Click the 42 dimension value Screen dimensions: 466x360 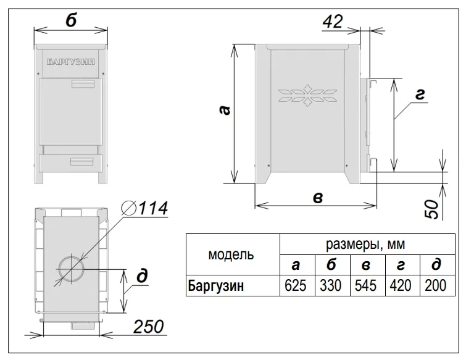click(333, 22)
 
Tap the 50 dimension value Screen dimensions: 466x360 click(432, 209)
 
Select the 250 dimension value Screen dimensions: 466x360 click(148, 327)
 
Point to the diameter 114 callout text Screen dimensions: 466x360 click(144, 208)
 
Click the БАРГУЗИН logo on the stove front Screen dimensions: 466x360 click(71, 62)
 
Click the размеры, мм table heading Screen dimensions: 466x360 click(365, 244)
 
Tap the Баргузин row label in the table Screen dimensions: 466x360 click(216, 286)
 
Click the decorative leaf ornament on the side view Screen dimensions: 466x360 click(307, 96)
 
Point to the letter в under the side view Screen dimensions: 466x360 click(318, 198)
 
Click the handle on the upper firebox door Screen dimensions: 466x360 click(83, 83)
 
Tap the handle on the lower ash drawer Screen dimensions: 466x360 click(81, 161)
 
